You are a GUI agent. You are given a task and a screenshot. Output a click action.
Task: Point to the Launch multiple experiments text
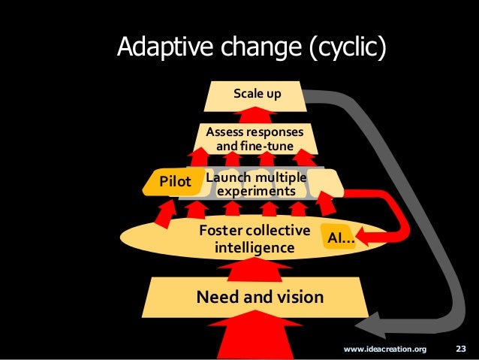click(x=256, y=184)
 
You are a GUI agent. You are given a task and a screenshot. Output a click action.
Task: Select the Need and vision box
click(x=260, y=297)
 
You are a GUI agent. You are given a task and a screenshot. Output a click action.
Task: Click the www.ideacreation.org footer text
click(x=384, y=349)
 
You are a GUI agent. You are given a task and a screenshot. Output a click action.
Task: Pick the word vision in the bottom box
click(x=297, y=297)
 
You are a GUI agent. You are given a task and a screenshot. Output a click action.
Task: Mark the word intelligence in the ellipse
click(x=255, y=247)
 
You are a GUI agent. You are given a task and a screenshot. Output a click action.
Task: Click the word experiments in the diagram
click(x=256, y=192)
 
